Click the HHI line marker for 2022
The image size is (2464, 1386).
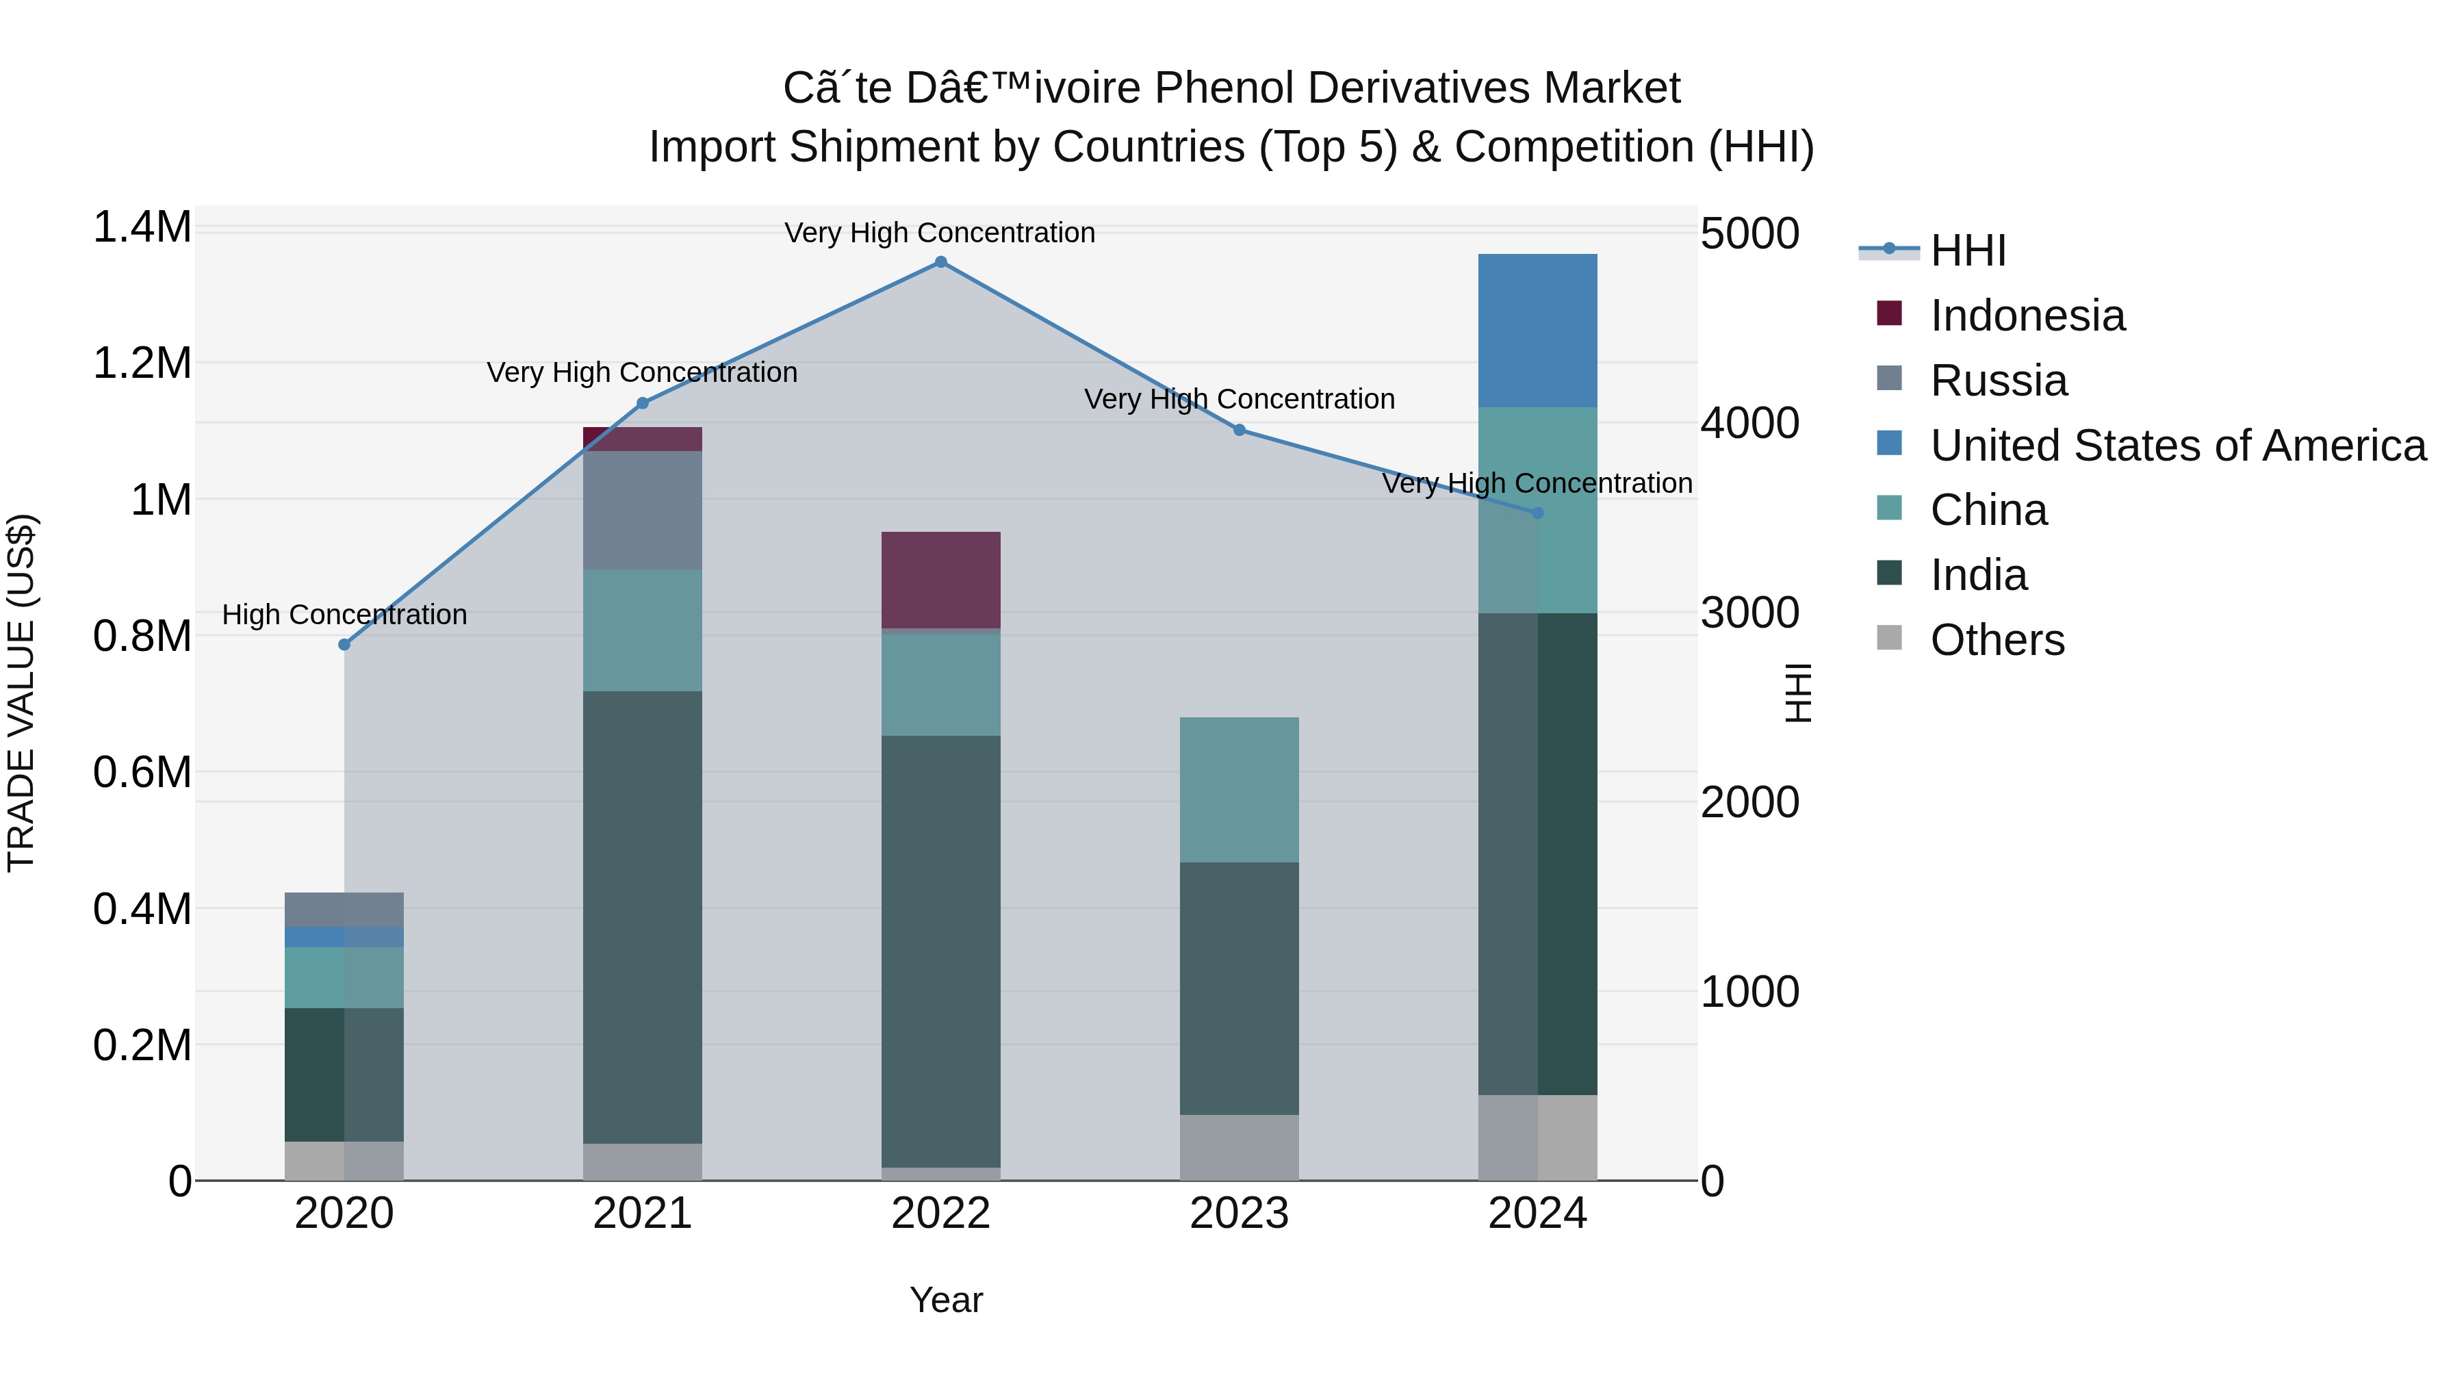click(x=940, y=262)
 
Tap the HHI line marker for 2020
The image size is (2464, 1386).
click(x=344, y=645)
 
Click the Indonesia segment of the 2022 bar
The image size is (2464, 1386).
click(x=940, y=580)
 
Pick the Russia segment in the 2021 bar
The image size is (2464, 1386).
click(x=642, y=510)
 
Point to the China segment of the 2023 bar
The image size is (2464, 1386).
click(x=1239, y=789)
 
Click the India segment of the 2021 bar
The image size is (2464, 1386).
click(x=642, y=916)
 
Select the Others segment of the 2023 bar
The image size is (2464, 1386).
click(x=1239, y=1147)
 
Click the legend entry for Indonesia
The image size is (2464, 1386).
click(x=2027, y=316)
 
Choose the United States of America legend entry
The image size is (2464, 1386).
click(x=2177, y=446)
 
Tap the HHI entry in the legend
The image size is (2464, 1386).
click(x=1968, y=251)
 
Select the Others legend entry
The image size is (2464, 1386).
click(x=1997, y=640)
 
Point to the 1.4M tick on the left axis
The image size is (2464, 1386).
click(x=142, y=228)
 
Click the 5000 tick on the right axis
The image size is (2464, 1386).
click(x=1749, y=233)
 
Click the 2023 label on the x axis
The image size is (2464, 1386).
click(x=1239, y=1214)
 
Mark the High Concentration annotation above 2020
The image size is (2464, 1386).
click(x=344, y=614)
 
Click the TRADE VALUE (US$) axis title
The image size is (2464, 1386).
click(x=21, y=693)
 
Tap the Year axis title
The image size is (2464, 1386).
click(x=946, y=1300)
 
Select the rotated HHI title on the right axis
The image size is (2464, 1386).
click(x=1798, y=693)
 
